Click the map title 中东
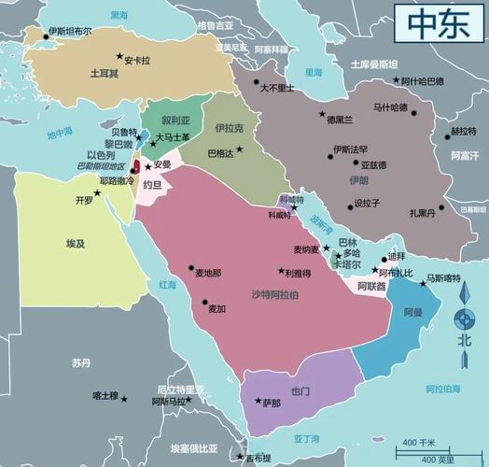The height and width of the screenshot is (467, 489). coord(436,22)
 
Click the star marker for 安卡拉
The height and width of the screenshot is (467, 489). coord(119,56)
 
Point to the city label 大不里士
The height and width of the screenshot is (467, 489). coord(276,88)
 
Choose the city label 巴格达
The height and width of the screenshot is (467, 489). coord(221,152)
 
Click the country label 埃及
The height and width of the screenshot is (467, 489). coord(76,243)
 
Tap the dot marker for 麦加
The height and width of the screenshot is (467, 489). coord(205,301)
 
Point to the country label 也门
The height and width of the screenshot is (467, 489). coord(300,391)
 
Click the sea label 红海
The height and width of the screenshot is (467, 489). coord(167,284)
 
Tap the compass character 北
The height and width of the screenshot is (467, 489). coord(464,340)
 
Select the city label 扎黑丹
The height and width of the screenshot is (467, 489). coord(422,212)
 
